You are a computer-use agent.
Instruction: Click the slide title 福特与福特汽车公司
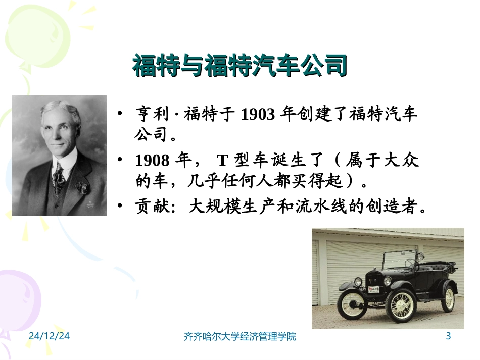tap(240, 66)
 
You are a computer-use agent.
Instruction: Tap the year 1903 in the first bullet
tap(257, 115)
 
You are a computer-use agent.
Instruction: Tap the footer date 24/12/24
tap(49, 336)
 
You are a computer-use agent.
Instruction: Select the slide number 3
tap(448, 336)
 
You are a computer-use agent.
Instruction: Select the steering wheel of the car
tap(409, 263)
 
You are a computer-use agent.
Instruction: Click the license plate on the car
tap(373, 288)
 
